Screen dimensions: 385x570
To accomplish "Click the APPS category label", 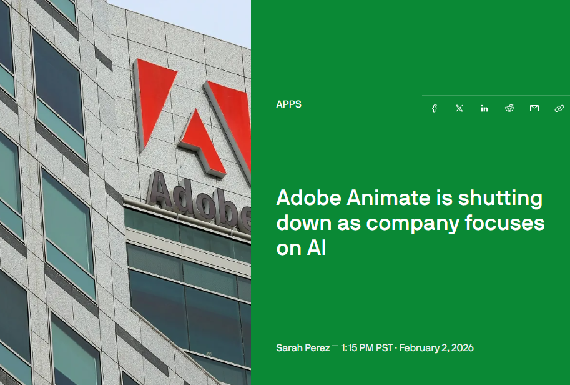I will point(288,104).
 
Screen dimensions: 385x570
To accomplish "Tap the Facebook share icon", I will point(435,108).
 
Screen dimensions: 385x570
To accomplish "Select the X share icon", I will point(459,108).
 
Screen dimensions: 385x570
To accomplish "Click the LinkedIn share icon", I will point(484,108).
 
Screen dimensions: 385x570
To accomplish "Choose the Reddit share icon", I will point(509,108).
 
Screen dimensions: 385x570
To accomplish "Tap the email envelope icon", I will point(534,108).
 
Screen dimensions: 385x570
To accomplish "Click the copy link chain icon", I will point(559,108).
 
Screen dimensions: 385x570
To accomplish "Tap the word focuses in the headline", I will point(505,223).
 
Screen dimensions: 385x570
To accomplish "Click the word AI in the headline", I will point(316,248).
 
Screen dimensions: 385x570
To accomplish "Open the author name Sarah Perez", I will point(303,347).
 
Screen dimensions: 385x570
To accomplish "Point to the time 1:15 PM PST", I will point(366,347).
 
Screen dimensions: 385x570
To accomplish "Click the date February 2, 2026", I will point(436,347).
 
